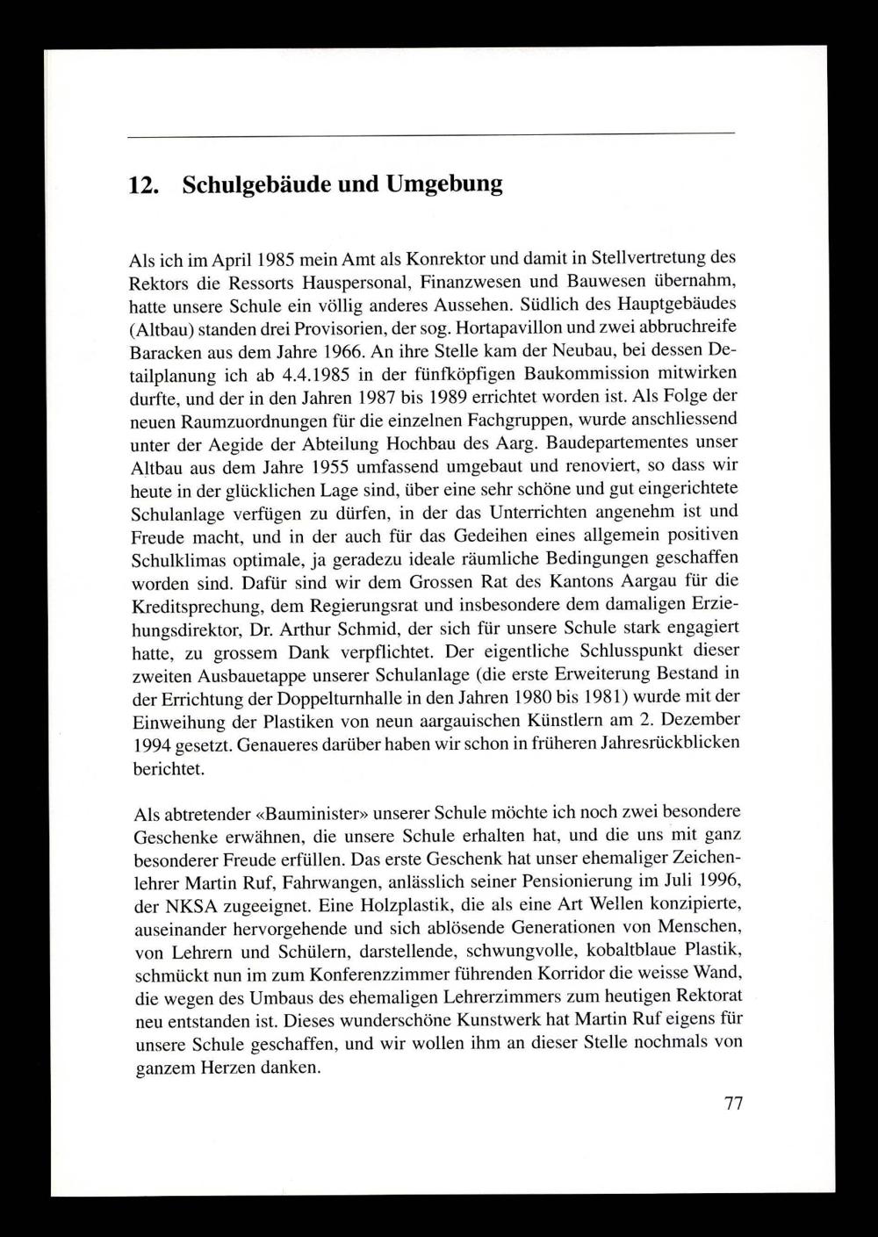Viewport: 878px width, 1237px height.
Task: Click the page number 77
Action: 734,1104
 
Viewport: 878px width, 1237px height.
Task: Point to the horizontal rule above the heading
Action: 430,133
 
